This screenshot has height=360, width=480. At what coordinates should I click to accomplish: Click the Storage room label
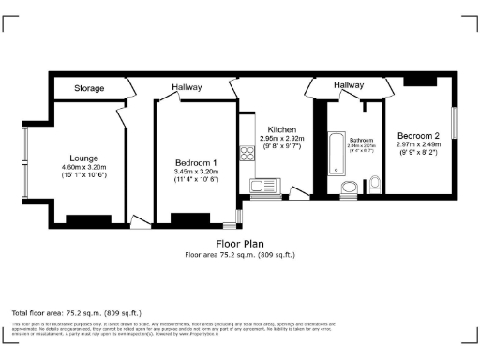coord(89,89)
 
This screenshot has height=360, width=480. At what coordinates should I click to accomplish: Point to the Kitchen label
coord(282,129)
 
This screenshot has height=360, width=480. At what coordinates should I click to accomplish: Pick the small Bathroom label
coord(361,140)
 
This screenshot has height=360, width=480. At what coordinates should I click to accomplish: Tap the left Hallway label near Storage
coord(187,88)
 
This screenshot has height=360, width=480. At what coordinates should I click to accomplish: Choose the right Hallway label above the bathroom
coord(349,85)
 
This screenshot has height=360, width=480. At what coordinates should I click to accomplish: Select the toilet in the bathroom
coord(374,183)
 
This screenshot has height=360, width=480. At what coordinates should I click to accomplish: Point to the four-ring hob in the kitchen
coord(247,157)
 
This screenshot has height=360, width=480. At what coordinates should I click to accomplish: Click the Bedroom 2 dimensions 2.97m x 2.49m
coord(418,145)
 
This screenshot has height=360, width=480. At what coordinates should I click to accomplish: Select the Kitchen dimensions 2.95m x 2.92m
coord(282,140)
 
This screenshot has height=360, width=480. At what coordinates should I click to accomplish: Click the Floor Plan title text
coord(239,244)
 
